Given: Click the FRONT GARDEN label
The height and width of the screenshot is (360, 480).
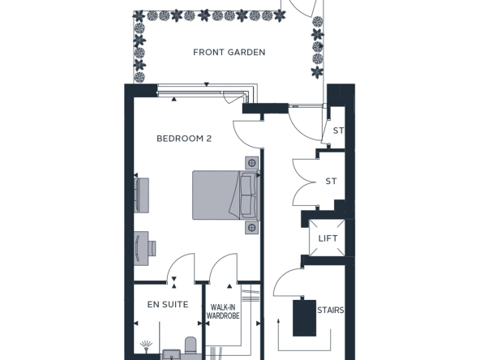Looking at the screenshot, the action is click(x=229, y=53).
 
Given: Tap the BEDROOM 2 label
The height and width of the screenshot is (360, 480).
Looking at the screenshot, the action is click(x=184, y=139).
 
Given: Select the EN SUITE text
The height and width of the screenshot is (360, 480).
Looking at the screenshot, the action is click(x=168, y=305).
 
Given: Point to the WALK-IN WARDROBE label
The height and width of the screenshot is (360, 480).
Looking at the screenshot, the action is click(x=223, y=311).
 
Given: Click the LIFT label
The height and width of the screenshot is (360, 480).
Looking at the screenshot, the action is click(x=328, y=238).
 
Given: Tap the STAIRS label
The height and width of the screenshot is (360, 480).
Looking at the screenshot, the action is click(x=331, y=311).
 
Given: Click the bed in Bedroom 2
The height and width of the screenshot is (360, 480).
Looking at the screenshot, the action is click(x=226, y=195).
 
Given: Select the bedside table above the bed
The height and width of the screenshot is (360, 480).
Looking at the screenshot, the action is click(x=251, y=163).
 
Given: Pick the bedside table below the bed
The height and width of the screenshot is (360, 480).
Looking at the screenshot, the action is click(x=251, y=227).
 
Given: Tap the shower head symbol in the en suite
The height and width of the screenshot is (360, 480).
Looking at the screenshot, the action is click(x=146, y=346).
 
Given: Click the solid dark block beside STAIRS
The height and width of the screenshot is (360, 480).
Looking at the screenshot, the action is click(x=304, y=318).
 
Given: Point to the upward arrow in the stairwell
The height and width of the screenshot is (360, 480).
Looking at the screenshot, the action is click(x=279, y=335).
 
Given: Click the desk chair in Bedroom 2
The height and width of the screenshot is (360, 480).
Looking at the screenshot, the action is click(x=152, y=248).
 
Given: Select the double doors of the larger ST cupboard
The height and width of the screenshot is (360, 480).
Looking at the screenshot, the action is click(x=304, y=182).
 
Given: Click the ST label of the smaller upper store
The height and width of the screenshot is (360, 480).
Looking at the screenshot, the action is click(x=338, y=131).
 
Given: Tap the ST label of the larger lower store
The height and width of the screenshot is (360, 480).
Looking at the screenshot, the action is click(x=331, y=182).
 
